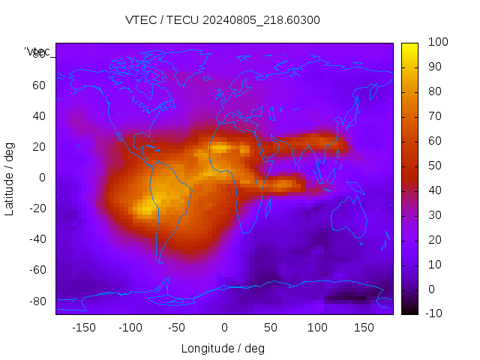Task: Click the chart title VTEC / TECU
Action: [x=223, y=20]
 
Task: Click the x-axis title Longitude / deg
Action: [x=223, y=348]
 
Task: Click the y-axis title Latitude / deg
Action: [x=10, y=178]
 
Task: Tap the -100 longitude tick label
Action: [x=130, y=327]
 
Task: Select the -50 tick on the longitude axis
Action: [x=176, y=327]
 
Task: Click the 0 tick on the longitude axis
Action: [x=223, y=327]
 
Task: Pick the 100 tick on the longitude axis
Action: [x=317, y=327]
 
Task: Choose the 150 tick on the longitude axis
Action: [x=364, y=327]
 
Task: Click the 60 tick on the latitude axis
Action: [x=39, y=85]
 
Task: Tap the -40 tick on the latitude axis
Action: [x=37, y=239]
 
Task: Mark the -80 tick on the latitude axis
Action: [x=37, y=301]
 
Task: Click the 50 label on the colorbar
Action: [x=433, y=166]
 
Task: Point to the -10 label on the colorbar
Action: [x=434, y=313]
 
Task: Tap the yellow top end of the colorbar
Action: [x=409, y=46]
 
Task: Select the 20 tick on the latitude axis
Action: [x=39, y=147]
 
